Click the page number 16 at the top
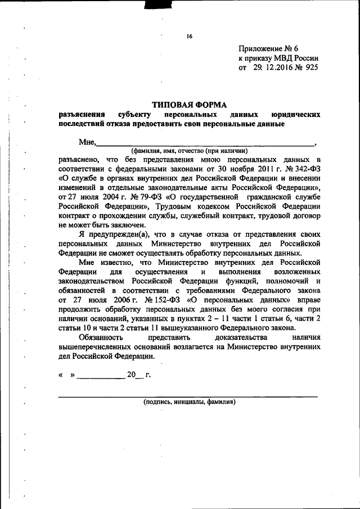pyautogui.click(x=190, y=37)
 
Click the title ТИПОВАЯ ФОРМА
pyautogui.click(x=189, y=104)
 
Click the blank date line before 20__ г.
pyautogui.click(x=101, y=377)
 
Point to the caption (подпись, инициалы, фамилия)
pyautogui.click(x=189, y=402)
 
